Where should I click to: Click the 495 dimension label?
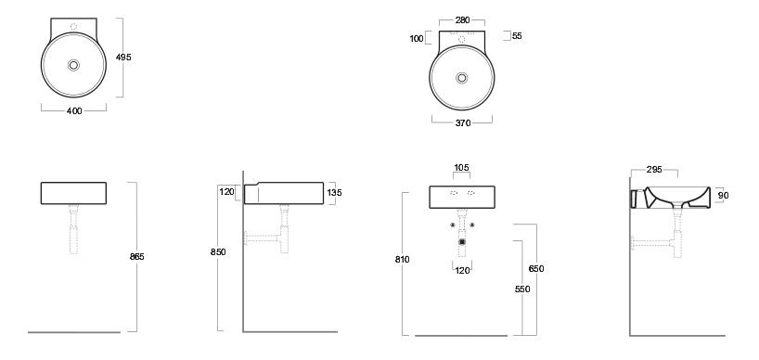point(123,58)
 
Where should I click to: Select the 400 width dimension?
point(74,110)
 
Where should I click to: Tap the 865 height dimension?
point(137,257)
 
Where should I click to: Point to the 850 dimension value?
point(218,252)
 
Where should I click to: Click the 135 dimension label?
point(334,193)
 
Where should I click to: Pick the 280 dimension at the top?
point(462,19)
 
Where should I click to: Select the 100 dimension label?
point(417,39)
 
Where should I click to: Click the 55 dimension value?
point(517,36)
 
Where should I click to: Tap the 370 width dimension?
point(463,122)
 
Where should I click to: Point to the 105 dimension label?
point(461,168)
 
